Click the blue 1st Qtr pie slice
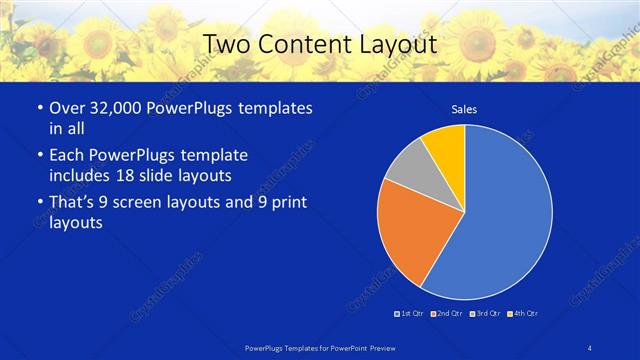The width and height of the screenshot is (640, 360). click(x=505, y=215)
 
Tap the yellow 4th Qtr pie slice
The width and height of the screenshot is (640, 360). click(x=446, y=144)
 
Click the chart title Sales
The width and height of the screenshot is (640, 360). click(x=464, y=111)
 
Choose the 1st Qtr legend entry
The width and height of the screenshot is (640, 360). click(x=410, y=314)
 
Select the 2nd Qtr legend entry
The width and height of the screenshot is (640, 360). click(x=446, y=314)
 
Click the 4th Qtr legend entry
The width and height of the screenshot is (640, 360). click(x=523, y=314)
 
